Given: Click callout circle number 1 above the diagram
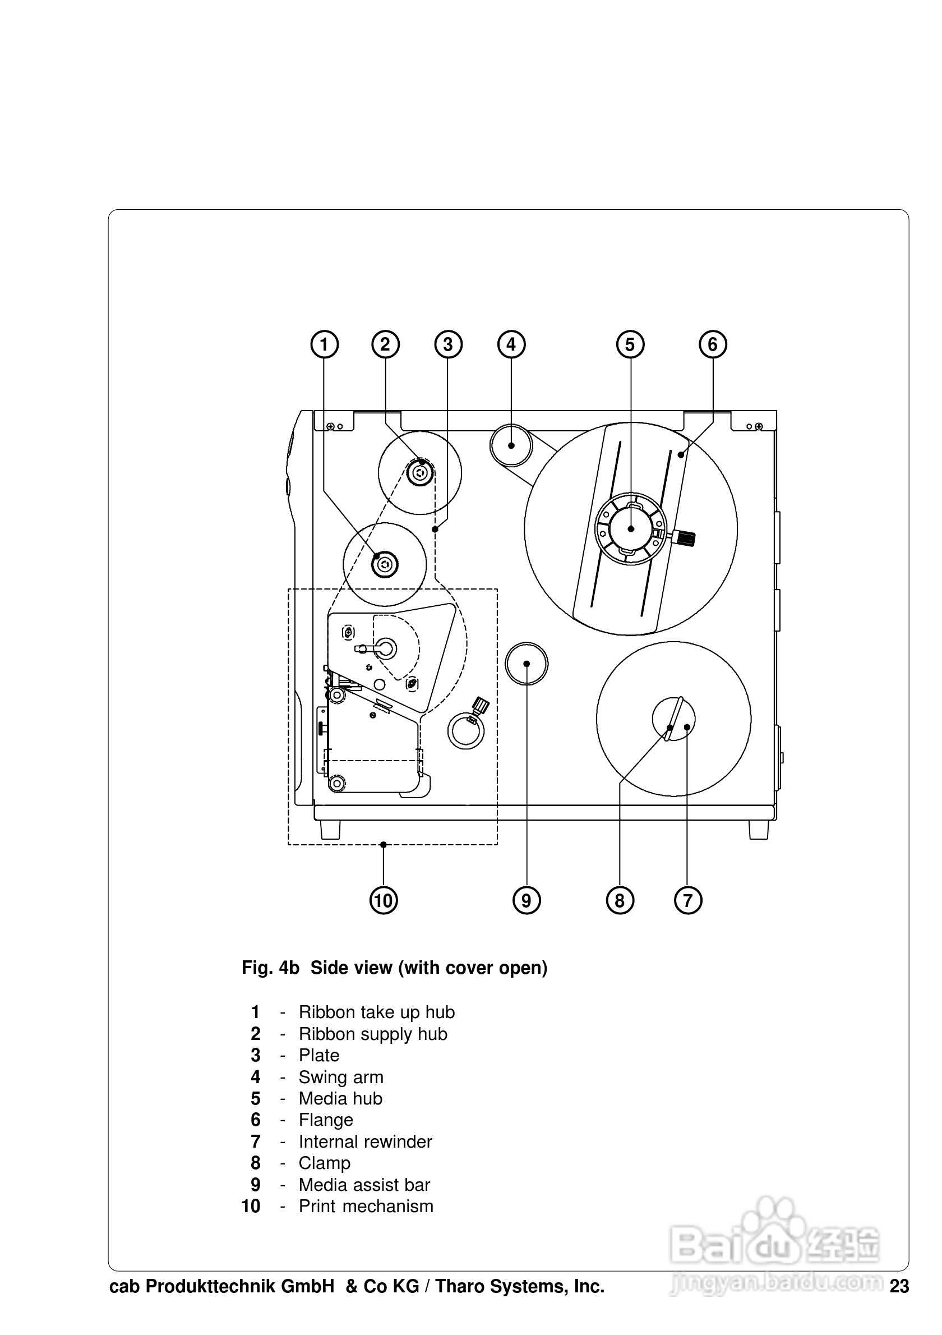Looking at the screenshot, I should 324,345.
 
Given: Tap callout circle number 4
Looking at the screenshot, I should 511,345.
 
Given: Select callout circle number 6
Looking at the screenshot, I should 713,345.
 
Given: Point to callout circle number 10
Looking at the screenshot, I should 384,901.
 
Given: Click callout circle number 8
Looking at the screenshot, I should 620,901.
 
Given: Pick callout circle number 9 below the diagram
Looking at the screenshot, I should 527,901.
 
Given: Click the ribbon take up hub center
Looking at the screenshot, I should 385,564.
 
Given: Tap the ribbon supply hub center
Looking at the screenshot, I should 419,473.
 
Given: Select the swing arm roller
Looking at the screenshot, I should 511,445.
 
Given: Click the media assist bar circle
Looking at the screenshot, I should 527,664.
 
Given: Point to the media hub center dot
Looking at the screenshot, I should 631,528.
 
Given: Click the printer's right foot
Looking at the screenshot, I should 758,829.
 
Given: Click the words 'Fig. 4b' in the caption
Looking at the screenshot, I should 270,968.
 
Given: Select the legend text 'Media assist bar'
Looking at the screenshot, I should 364,1185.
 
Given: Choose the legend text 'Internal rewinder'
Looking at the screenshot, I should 365,1142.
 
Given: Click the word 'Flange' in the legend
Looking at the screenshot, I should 325,1120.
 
